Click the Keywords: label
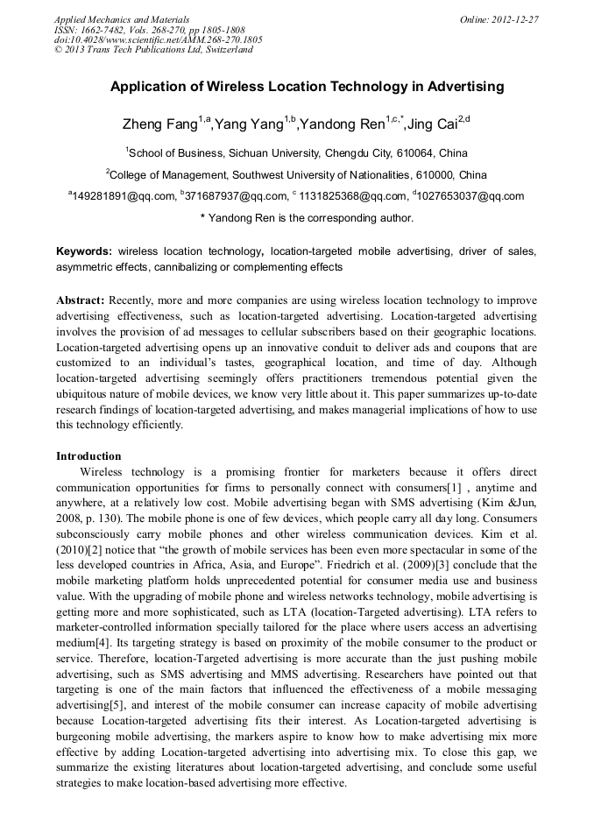pos(84,251)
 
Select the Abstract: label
pos(81,300)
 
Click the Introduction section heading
pos(88,455)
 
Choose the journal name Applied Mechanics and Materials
pos(122,18)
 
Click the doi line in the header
pos(158,39)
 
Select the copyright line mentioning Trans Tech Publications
pos(153,50)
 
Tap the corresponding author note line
pos(307,218)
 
